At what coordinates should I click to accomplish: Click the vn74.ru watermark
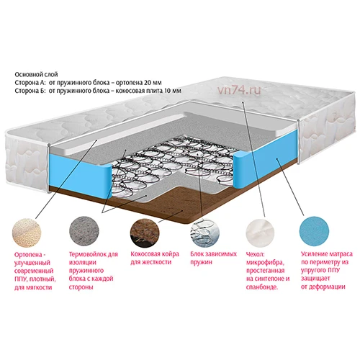click(x=239, y=90)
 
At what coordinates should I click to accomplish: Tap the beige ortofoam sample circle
click(x=27, y=233)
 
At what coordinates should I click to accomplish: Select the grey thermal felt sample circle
click(x=84, y=231)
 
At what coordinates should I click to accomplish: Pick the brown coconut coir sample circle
click(x=145, y=233)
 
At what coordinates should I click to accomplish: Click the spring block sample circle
click(x=205, y=233)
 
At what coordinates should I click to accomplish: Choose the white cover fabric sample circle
click(x=260, y=233)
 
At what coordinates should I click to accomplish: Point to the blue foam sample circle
click(x=314, y=231)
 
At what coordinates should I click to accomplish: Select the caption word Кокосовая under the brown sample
click(x=145, y=254)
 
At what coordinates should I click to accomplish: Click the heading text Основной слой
click(x=36, y=75)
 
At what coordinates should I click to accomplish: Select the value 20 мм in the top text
click(x=153, y=83)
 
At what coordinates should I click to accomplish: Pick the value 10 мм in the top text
click(x=173, y=91)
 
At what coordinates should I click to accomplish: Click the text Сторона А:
click(x=30, y=83)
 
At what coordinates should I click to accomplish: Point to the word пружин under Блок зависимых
click(x=202, y=262)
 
